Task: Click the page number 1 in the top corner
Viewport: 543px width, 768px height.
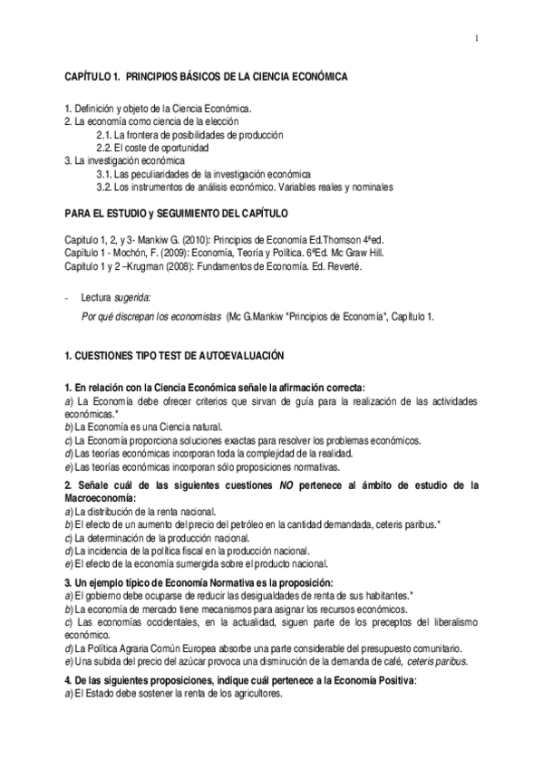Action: [x=476, y=37]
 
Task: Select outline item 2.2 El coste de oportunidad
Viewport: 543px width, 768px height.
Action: [x=152, y=148]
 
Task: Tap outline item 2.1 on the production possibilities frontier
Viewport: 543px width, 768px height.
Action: [x=189, y=134]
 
